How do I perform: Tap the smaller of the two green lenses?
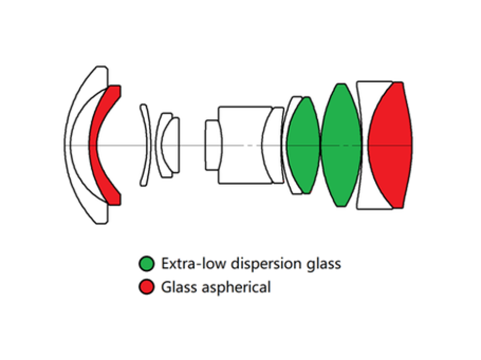(x=303, y=144)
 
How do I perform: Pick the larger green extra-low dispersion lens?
(x=341, y=144)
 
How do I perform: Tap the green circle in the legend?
(x=146, y=264)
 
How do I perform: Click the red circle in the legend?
(x=146, y=288)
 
